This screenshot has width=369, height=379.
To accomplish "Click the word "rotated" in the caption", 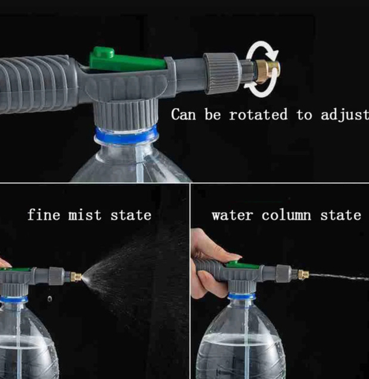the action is point(259,115).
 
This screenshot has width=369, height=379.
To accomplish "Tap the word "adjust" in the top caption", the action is point(345,115).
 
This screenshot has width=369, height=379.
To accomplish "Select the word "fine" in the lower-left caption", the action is point(44,214).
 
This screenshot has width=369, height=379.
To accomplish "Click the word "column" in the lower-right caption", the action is point(286,215).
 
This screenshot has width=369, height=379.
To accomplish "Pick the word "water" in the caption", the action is point(232,215).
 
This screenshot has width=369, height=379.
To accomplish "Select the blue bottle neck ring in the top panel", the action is point(126,136).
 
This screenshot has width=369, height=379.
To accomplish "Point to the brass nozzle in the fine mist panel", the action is point(76,276).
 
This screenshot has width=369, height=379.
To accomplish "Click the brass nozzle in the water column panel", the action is point(304,274).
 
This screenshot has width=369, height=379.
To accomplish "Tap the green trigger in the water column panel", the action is point(243,266).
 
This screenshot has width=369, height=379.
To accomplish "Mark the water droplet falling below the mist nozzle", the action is point(49,299).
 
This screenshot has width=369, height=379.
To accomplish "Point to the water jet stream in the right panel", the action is point(339,277).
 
